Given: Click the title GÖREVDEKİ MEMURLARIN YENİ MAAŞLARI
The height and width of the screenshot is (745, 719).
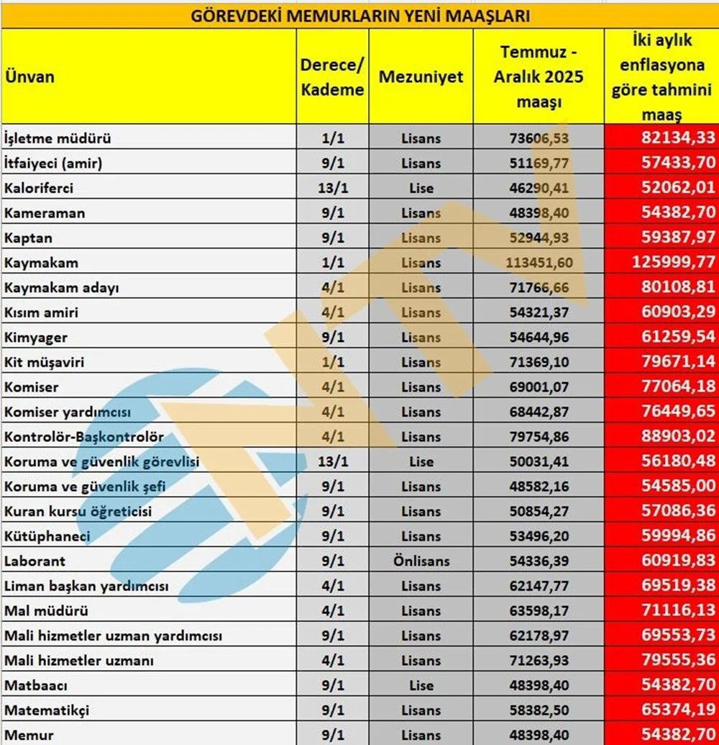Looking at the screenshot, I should pos(360,14).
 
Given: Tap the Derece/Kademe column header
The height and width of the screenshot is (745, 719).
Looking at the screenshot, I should pos(332,76).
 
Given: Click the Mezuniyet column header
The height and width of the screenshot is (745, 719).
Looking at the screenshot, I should pos(421,76).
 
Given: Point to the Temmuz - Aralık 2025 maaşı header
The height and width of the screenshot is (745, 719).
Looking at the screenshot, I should pos(539,76).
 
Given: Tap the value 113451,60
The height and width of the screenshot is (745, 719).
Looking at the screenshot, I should pos(539,263).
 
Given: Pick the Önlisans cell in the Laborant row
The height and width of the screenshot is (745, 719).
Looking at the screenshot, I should pos(421,561).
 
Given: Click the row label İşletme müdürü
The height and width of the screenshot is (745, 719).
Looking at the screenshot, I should pos(58,138).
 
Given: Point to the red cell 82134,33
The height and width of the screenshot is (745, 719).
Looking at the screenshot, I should pos(676,138).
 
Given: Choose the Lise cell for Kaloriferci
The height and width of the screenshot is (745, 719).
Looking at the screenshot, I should pos(421,188).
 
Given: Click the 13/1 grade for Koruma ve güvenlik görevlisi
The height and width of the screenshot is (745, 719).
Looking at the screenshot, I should pos(332,461).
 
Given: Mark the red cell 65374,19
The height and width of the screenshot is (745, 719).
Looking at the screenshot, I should pos(676,710).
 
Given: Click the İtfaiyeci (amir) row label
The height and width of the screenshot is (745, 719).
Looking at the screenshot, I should pos(53,163).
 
